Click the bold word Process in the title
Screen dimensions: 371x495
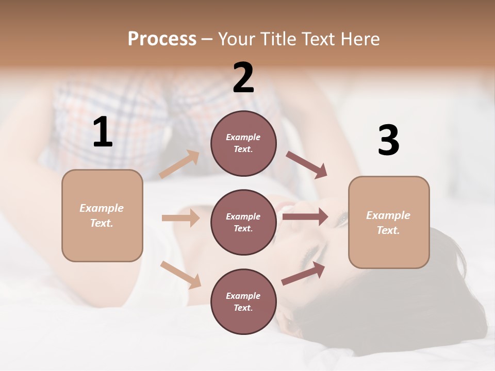[x=162, y=39]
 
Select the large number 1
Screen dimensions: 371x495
[x=103, y=132]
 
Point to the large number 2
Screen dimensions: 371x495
[x=243, y=78]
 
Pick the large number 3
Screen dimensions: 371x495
[x=388, y=141]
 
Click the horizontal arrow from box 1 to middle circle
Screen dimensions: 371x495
[x=180, y=218]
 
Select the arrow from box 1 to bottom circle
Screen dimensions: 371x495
[x=180, y=274]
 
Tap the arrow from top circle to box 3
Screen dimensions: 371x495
[x=307, y=165]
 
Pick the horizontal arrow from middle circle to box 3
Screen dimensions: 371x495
[x=305, y=216]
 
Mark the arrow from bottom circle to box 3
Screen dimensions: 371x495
[x=304, y=274]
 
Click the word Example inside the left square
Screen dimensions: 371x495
[x=102, y=208]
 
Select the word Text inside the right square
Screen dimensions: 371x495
[x=388, y=230]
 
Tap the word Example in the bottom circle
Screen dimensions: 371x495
[x=243, y=296]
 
